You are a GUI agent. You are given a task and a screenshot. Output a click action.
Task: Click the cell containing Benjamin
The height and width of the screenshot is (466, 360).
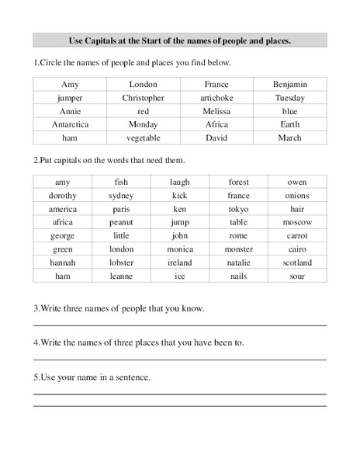pos(291,84)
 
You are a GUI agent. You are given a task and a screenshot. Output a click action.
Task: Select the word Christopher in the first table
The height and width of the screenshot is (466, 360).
pos(143,98)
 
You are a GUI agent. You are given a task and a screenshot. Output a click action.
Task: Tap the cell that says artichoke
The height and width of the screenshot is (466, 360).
pos(216,98)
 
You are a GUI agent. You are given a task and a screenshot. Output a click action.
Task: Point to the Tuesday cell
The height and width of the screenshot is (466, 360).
pos(291,98)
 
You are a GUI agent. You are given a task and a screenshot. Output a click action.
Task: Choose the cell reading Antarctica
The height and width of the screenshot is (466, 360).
pos(70,124)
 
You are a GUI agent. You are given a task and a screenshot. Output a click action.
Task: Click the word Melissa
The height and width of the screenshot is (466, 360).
pos(216,111)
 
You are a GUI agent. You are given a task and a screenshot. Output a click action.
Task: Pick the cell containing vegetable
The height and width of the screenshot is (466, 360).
pos(143,138)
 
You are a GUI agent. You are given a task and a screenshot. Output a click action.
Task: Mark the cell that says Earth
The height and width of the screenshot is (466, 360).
pos(290,124)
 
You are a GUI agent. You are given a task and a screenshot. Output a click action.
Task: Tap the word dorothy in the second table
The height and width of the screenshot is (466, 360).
pos(63,196)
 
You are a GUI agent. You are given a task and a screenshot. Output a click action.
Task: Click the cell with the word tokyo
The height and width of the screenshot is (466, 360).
pos(238,209)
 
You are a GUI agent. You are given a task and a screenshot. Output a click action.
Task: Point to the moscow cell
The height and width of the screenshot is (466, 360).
pos(297,222)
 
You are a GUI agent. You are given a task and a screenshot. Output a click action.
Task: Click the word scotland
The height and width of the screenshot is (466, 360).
pos(297,263)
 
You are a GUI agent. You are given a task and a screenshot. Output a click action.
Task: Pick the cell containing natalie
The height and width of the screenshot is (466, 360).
pos(238,263)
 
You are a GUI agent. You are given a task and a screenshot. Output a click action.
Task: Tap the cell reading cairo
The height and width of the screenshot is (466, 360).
pos(297,249)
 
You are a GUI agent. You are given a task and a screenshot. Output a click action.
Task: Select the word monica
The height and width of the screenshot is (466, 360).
pos(180,249)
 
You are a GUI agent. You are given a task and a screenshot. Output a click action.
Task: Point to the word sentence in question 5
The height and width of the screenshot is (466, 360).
pos(133,377)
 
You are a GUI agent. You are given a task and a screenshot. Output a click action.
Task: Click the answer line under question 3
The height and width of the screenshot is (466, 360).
pos(179,325)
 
